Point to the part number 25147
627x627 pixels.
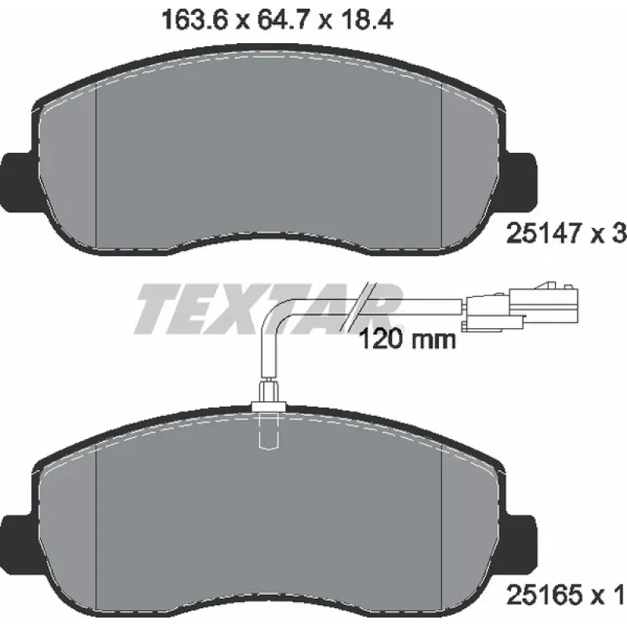click(x=542, y=234)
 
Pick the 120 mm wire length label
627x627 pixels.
click(x=408, y=340)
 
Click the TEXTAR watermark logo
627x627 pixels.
click(x=268, y=309)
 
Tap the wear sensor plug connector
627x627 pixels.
click(x=520, y=306)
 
